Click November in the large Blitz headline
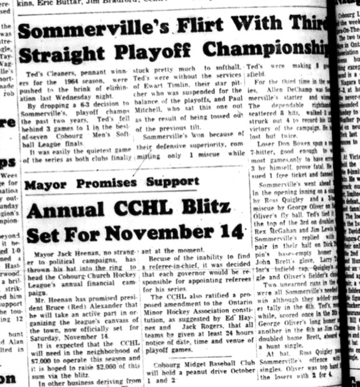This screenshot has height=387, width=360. point(174,234)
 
